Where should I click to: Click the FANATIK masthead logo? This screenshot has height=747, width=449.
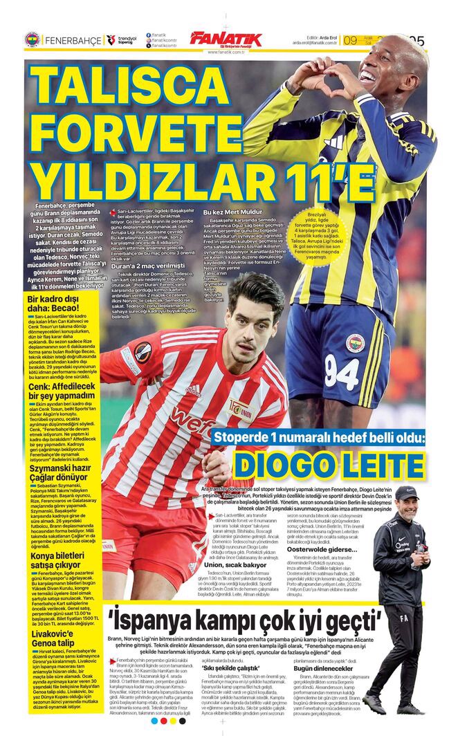(x=226, y=39)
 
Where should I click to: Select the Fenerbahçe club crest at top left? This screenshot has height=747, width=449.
(x=32, y=40)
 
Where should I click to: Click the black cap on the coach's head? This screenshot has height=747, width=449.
(x=406, y=492)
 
